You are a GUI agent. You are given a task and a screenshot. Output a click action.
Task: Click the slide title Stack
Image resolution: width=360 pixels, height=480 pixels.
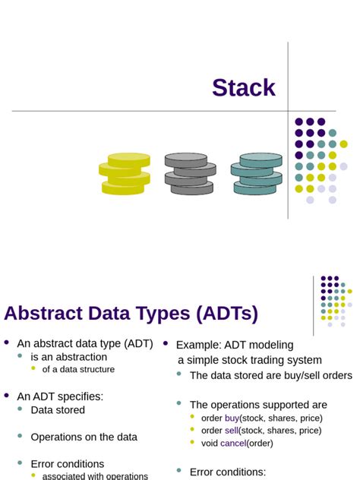(x=243, y=88)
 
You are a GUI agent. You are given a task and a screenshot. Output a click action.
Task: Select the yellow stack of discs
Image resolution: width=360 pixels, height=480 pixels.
(x=125, y=174)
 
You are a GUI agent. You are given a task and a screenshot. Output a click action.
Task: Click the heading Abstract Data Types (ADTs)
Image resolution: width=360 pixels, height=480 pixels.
(x=131, y=314)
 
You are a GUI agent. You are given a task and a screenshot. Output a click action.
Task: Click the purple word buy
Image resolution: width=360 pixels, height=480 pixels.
(x=232, y=418)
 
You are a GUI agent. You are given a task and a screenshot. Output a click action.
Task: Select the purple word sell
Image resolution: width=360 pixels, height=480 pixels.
(x=232, y=430)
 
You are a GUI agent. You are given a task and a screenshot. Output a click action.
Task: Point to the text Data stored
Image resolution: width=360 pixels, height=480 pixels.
(x=58, y=410)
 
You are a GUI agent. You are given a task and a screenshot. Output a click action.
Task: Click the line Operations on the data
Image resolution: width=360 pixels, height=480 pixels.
(x=84, y=437)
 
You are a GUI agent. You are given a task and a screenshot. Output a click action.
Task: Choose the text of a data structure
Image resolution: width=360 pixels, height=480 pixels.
(x=78, y=369)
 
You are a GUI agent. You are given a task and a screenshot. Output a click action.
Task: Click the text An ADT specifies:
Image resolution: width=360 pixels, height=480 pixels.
(x=60, y=396)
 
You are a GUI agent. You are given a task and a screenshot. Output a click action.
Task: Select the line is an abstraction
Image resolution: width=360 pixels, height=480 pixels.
(x=69, y=356)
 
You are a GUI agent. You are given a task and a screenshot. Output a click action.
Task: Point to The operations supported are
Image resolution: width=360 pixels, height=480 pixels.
(x=258, y=405)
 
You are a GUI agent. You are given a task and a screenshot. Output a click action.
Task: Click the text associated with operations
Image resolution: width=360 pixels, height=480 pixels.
(x=95, y=476)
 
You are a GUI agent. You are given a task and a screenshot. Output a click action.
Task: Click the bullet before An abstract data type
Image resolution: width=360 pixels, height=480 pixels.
(x=8, y=343)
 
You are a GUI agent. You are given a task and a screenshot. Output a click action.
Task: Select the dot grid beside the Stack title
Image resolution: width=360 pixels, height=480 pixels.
(x=321, y=160)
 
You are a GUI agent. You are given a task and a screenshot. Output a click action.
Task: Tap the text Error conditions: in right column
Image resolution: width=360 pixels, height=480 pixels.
(x=228, y=472)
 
